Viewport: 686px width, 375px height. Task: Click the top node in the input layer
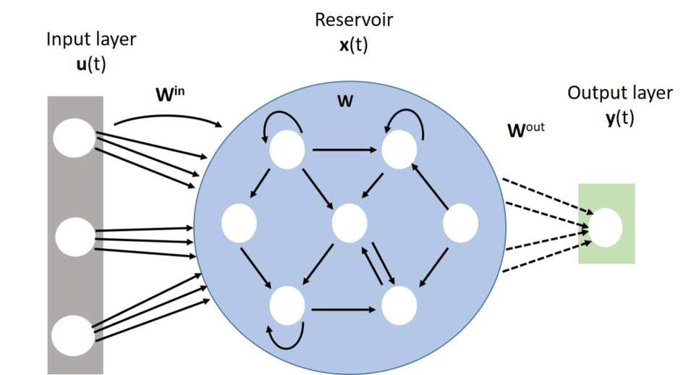coord(75,138)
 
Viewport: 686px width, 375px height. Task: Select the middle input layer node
coord(75,237)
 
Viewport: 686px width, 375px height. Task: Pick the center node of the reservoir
coord(350,223)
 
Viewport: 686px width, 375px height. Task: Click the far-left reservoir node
coord(240,223)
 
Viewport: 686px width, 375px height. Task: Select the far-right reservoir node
coord(460,223)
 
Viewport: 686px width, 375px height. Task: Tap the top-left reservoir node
coord(287,150)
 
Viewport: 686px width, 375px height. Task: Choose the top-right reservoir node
coord(400,150)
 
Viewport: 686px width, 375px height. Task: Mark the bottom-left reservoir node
coord(287,305)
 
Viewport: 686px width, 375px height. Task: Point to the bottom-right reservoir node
coord(400,305)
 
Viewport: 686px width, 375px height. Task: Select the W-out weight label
coord(526,131)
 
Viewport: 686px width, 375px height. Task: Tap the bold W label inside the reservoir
coord(345,101)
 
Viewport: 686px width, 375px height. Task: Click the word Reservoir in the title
coord(354,20)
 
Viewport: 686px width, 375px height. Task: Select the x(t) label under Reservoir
coord(354,45)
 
